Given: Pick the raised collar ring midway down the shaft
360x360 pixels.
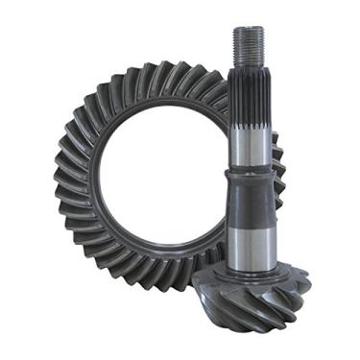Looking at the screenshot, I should (252, 174).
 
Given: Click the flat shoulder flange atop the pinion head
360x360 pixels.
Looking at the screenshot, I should (252, 274).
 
